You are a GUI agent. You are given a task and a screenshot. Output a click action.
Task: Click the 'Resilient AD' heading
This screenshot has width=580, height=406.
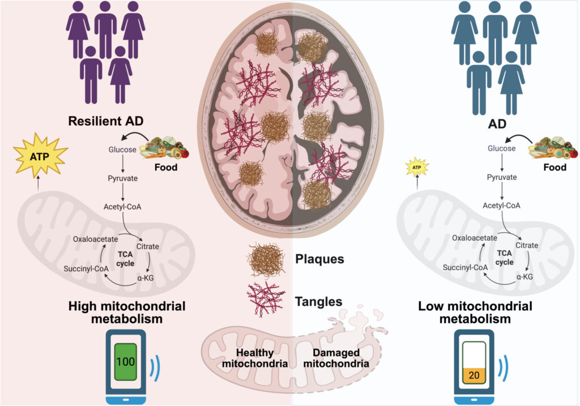point(106,121)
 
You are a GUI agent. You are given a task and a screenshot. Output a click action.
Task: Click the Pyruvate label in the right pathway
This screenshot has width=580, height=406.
point(502,177)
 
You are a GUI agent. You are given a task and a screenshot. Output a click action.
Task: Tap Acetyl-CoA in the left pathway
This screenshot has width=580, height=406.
point(122,206)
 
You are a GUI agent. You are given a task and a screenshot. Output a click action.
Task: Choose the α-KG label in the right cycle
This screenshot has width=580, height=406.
point(524,276)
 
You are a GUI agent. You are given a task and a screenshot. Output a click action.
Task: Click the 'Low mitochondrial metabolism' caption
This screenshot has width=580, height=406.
point(475,313)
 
